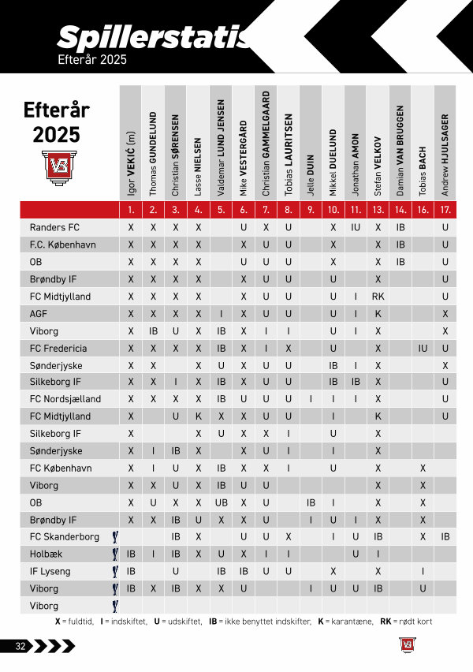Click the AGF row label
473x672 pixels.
39,313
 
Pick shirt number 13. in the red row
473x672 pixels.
378,210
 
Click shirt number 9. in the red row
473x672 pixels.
311,210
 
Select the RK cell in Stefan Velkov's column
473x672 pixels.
378,297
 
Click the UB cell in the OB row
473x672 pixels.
222,502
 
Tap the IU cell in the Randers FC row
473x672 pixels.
356,227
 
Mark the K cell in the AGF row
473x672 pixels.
378,313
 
